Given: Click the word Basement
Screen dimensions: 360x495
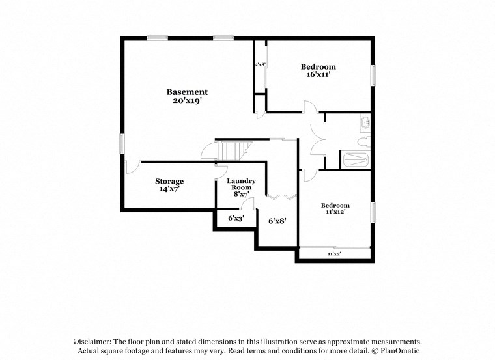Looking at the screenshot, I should click(187, 92).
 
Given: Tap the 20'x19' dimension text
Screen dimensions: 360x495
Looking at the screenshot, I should click(187, 102).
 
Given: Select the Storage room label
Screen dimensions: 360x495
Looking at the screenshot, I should click(169, 181).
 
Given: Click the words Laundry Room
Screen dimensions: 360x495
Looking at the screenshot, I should click(240, 184).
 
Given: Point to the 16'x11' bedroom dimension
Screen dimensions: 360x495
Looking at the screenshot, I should click(318, 75).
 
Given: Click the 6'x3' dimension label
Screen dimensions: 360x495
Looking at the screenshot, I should click(235, 219).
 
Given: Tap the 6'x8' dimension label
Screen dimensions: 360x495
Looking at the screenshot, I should click(277, 221).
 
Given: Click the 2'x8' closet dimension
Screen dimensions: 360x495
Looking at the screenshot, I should click(259, 64).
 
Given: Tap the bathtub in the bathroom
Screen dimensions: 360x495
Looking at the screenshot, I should click(355, 159).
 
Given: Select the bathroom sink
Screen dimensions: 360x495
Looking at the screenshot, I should click(365, 122).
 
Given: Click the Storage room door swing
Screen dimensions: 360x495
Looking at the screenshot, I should click(132, 167).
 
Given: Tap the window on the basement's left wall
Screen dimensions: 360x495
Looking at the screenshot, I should click(122, 144).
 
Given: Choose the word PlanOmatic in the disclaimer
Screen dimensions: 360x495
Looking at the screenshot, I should click(403, 351).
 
